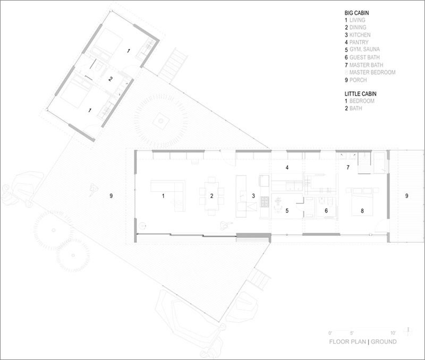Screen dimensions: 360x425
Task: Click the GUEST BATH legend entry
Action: tap(366, 57)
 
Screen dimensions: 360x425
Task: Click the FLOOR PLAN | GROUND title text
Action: tap(363, 342)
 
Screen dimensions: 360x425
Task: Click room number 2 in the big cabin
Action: tap(211, 196)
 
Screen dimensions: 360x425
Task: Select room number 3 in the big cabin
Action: tap(253, 196)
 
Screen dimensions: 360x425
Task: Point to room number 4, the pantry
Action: tap(287, 168)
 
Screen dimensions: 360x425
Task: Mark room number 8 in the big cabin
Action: tap(362, 211)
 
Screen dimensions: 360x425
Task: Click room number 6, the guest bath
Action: tap(326, 211)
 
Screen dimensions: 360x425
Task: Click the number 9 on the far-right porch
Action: tap(407, 196)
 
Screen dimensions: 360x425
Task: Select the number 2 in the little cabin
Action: tap(110, 80)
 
